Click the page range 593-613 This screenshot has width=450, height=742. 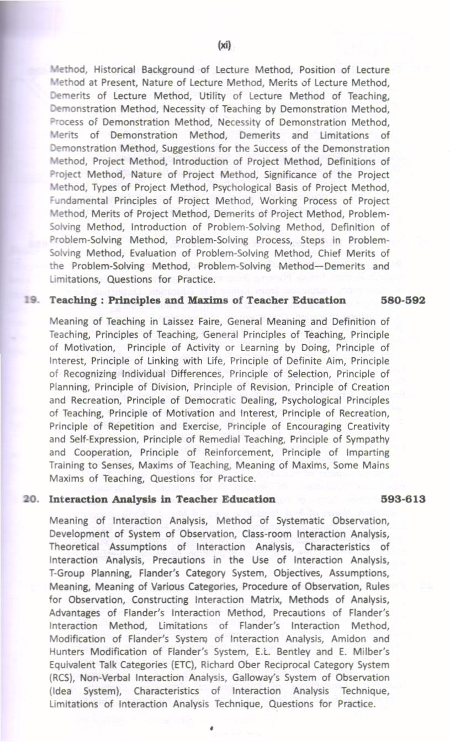point(404,500)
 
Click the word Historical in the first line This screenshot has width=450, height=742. point(117,70)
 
